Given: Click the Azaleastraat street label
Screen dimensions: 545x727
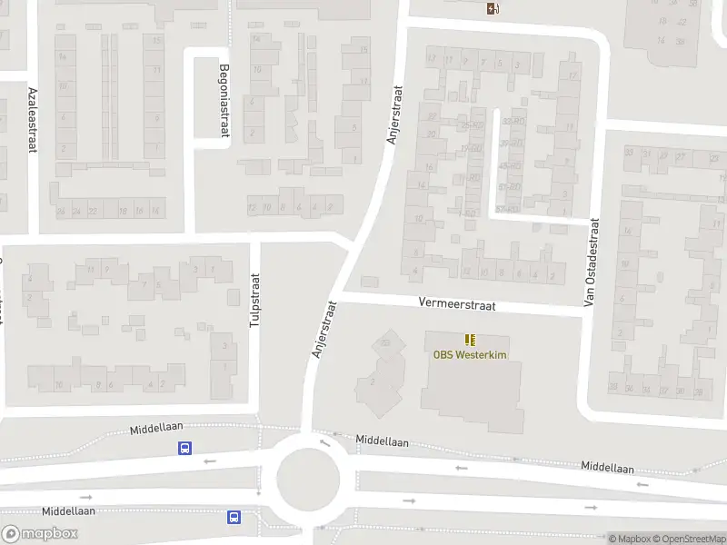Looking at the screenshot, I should (32, 119).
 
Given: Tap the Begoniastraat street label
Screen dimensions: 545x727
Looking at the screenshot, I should (224, 100).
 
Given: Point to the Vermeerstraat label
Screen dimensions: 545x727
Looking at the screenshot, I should (457, 306).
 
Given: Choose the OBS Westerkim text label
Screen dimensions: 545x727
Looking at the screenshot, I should (470, 354).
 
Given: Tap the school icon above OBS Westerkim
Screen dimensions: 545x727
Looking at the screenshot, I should (470, 339).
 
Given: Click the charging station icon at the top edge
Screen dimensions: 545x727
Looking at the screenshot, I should (493, 9).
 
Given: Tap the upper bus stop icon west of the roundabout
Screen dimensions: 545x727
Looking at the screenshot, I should (185, 448).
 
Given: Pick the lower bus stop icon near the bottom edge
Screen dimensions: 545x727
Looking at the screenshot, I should (234, 517).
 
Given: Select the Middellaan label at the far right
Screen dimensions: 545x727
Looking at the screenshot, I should (608, 467).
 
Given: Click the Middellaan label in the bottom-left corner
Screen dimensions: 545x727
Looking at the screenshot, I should (68, 511).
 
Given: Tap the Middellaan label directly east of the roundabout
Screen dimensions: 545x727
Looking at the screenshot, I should (382, 441).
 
